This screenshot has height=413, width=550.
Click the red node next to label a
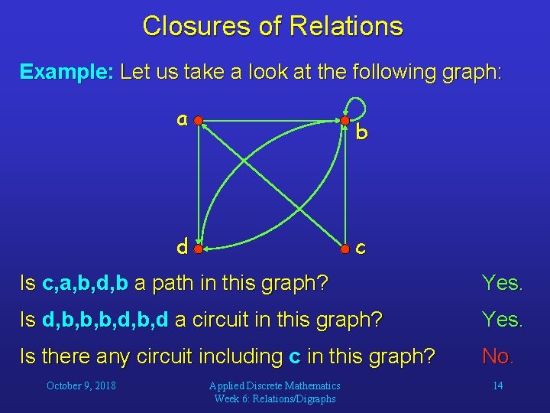198,120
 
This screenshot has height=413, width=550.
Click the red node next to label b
345,120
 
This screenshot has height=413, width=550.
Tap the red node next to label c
345,249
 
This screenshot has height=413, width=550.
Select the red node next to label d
198,249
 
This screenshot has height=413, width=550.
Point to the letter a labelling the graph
182,119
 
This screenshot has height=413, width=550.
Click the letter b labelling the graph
362,133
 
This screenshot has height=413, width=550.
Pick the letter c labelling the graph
361,249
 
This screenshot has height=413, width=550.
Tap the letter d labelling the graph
182,247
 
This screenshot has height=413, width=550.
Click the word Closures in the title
197,27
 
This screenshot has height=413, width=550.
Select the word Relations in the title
345,27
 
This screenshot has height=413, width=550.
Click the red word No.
497,356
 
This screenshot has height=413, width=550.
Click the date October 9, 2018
81,385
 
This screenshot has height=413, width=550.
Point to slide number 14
497,385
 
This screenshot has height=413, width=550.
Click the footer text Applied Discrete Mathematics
276,385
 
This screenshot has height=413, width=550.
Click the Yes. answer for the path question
502,284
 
